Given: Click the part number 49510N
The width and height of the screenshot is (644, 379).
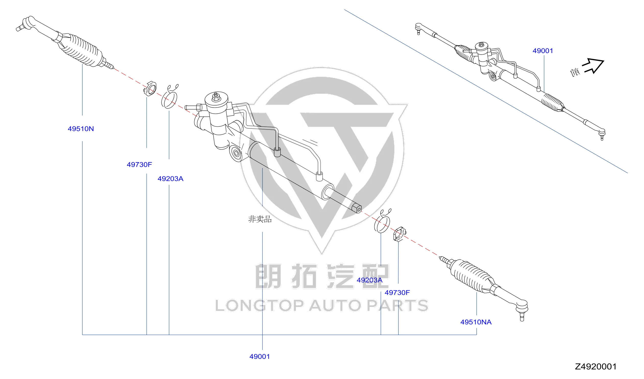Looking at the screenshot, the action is (81, 129).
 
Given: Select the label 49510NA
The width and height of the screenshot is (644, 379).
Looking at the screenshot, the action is (476, 322).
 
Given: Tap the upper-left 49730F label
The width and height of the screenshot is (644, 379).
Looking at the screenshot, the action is (139, 164).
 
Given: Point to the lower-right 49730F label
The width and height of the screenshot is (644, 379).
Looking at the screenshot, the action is (397, 293).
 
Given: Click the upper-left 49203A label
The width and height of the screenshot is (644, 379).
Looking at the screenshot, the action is (170, 179).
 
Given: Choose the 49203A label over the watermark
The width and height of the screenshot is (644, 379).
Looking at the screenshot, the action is (370, 280).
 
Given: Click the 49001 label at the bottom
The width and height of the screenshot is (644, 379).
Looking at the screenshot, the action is (260, 357).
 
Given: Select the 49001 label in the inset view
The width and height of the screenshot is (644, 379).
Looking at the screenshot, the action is (543, 51).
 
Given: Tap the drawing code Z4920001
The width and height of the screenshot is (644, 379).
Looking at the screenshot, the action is (596, 367).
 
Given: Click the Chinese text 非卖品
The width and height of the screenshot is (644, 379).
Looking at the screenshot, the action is (260, 219).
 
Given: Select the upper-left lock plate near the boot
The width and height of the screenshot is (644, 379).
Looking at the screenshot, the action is (150, 88).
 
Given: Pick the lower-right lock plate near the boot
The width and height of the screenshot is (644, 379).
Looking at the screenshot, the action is (400, 234).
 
